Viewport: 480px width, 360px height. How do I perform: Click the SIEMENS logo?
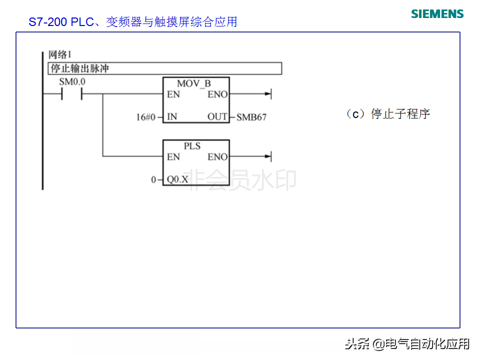pyautogui.click(x=437, y=13)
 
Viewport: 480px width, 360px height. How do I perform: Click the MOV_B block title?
pyautogui.click(x=194, y=83)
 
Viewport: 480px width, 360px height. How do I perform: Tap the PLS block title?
pyautogui.click(x=192, y=146)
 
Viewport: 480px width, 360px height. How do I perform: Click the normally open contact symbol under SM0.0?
pyautogui.click(x=71, y=94)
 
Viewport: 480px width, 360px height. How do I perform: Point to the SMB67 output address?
pyautogui.click(x=251, y=117)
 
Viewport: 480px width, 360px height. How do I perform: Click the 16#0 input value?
pyautogui.click(x=146, y=117)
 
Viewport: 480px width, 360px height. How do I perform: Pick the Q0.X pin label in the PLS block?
pyautogui.click(x=177, y=179)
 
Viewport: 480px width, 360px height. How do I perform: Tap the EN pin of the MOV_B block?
pyautogui.click(x=173, y=94)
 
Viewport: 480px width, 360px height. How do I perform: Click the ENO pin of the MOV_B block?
pyautogui.click(x=217, y=94)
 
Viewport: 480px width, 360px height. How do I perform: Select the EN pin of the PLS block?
pyautogui.click(x=173, y=157)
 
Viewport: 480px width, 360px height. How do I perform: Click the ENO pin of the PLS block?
pyautogui.click(x=217, y=157)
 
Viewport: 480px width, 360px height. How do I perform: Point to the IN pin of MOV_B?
pyautogui.click(x=172, y=117)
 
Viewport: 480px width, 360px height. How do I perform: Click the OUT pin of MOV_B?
pyautogui.click(x=217, y=117)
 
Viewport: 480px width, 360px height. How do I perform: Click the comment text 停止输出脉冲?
pyautogui.click(x=80, y=68)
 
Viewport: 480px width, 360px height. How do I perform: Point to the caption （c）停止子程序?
pyautogui.click(x=387, y=114)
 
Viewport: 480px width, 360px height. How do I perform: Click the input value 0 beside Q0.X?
pyautogui.click(x=154, y=179)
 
